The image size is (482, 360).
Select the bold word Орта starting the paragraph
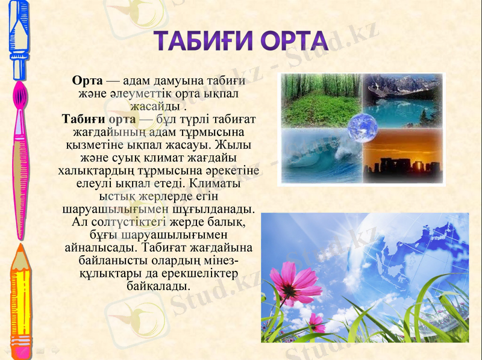tap(87, 81)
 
